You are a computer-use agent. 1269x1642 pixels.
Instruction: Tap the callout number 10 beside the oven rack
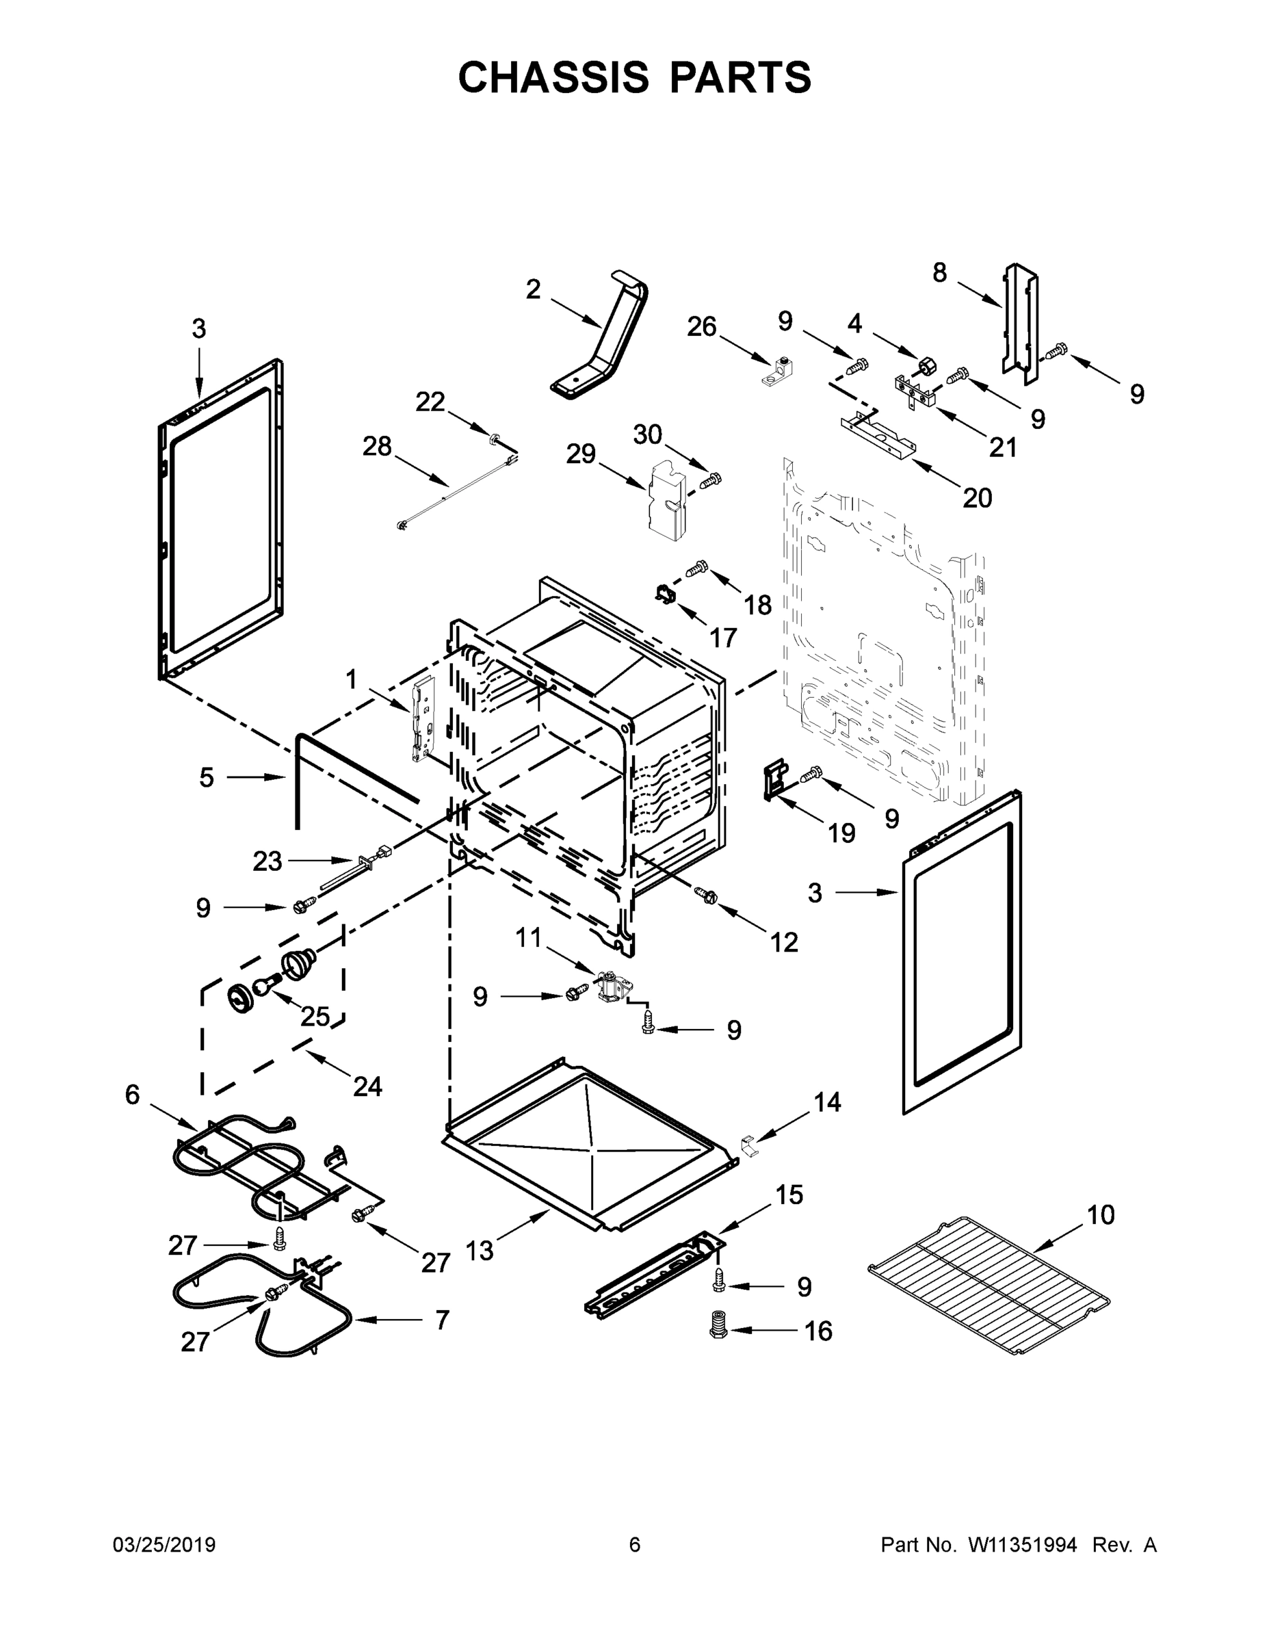pyautogui.click(x=1101, y=1214)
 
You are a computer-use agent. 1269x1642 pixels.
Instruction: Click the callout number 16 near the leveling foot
pyautogui.click(x=818, y=1331)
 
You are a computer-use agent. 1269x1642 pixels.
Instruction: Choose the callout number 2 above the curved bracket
pyautogui.click(x=533, y=289)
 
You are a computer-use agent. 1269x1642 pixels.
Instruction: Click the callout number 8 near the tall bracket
pyautogui.click(x=940, y=272)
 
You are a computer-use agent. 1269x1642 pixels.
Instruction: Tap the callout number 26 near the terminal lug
pyautogui.click(x=701, y=326)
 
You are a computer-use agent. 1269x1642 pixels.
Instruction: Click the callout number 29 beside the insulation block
pyautogui.click(x=580, y=454)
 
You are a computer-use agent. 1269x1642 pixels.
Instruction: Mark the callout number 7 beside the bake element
pyautogui.click(x=442, y=1320)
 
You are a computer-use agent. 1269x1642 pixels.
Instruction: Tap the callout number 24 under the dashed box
pyautogui.click(x=367, y=1086)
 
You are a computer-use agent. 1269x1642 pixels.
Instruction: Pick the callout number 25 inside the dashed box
pyautogui.click(x=315, y=1017)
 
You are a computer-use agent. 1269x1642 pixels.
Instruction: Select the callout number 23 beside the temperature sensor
pyautogui.click(x=267, y=861)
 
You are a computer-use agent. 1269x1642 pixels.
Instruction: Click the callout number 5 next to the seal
pyautogui.click(x=207, y=777)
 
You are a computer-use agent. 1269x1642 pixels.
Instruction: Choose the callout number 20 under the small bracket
pyautogui.click(x=978, y=497)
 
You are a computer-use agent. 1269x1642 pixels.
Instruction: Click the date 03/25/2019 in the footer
pyautogui.click(x=164, y=1545)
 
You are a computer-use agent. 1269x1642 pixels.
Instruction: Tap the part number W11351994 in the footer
pyautogui.click(x=1023, y=1545)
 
